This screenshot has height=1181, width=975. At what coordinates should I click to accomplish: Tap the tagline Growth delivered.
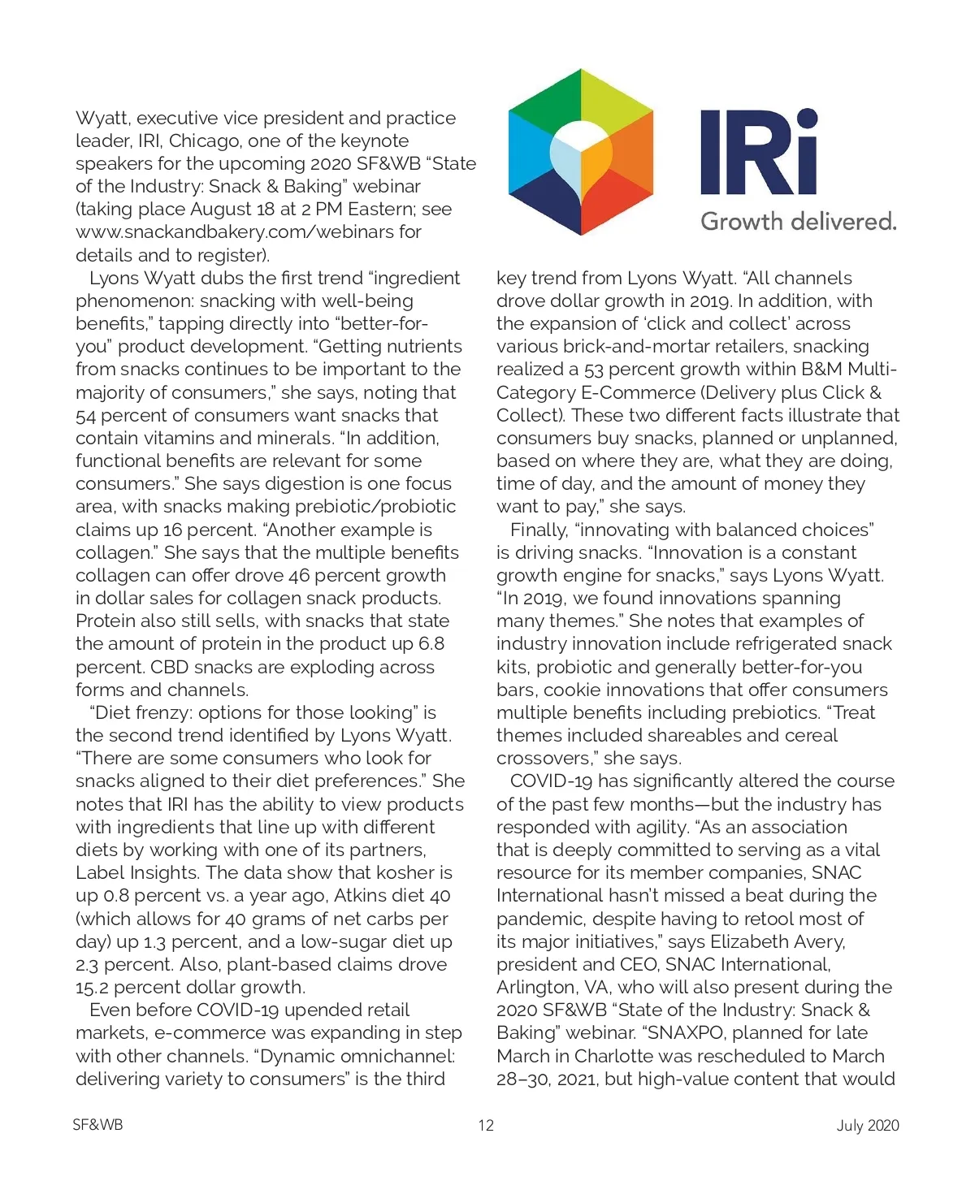798,221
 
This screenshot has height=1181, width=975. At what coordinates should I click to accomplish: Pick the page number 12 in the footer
486,1125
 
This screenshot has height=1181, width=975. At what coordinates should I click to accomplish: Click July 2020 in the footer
868,1125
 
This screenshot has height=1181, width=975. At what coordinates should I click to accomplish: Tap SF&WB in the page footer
97,1125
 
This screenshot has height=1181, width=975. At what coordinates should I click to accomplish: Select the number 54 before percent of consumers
86,416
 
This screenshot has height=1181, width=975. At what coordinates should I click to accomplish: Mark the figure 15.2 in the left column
93,988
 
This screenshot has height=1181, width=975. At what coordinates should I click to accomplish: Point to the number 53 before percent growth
593,370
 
